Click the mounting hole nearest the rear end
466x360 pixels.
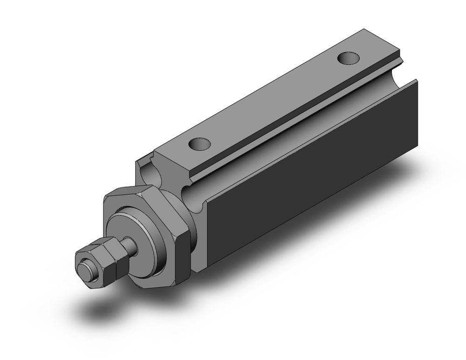coord(348,58)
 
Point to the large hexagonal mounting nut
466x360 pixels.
coord(144,233)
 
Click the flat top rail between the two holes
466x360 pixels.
coord(275,100)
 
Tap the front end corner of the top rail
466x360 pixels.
coord(156,152)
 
